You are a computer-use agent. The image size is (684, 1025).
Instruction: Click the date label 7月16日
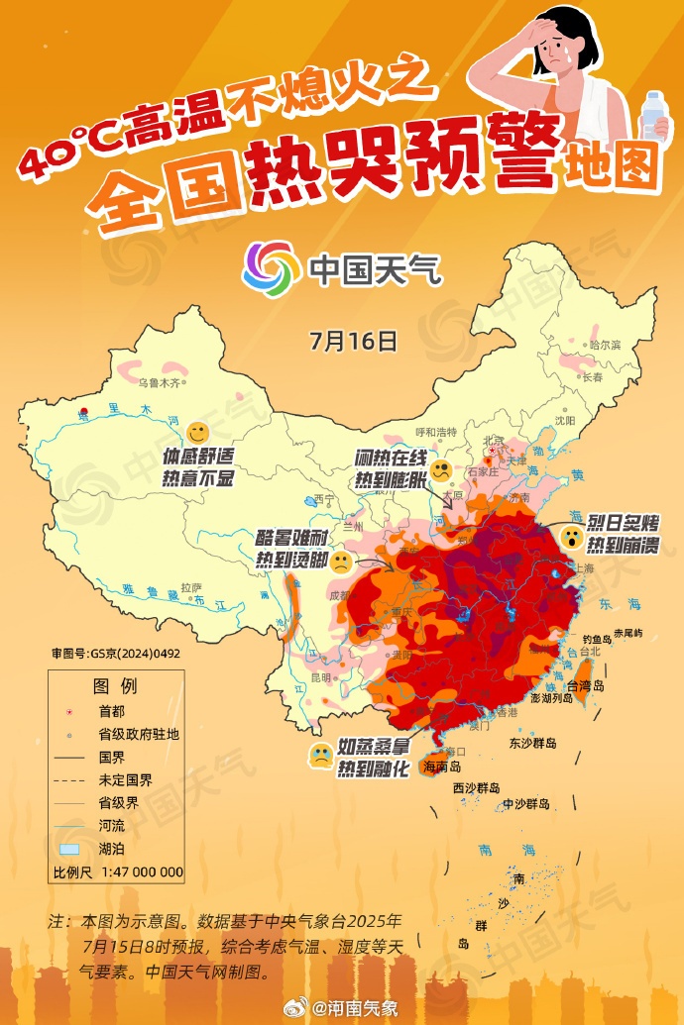(353, 342)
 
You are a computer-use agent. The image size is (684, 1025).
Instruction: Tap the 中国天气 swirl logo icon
(271, 268)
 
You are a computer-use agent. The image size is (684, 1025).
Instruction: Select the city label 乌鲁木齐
(161, 381)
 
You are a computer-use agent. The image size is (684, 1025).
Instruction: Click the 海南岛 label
(443, 767)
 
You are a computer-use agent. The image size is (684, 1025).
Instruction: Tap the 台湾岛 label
(585, 684)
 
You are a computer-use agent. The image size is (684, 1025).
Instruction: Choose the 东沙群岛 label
(533, 743)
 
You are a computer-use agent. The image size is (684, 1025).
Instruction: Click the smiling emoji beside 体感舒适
(197, 433)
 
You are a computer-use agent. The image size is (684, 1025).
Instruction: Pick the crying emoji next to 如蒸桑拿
(320, 757)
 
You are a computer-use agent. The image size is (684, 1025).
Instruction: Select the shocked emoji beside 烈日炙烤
(572, 538)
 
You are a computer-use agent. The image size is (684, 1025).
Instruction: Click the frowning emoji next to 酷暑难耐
(340, 564)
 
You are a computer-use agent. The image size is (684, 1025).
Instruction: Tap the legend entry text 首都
(112, 711)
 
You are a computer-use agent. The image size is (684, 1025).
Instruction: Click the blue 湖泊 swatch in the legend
(68, 850)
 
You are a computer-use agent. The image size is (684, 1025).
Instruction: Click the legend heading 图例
(115, 686)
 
